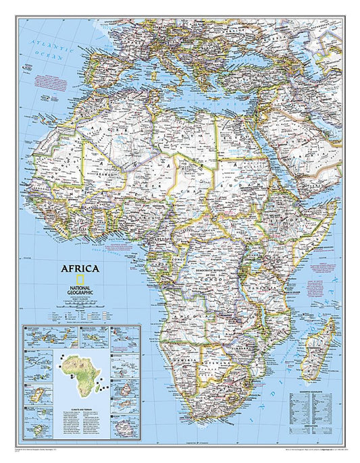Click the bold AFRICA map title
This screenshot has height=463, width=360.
[80, 267]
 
